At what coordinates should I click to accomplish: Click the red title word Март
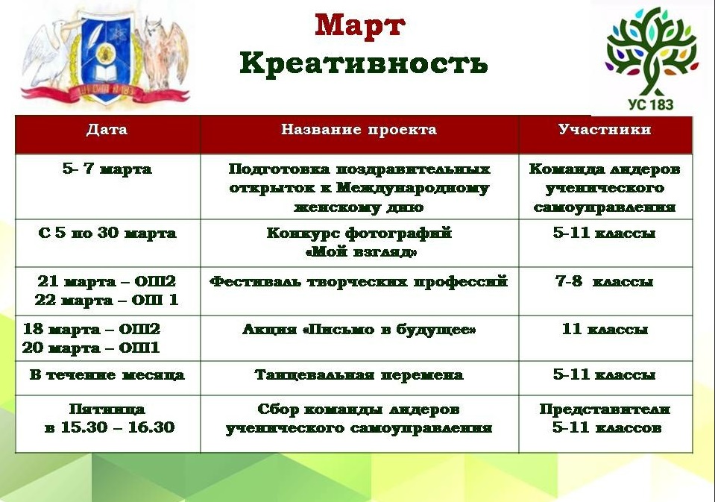coord(360,25)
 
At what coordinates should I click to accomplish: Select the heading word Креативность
coord(363,63)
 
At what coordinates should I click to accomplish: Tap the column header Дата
coord(107,130)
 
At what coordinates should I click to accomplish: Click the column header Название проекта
coord(359,130)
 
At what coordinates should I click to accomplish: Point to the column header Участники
coord(605,130)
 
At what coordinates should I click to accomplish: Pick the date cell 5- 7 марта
coord(107,169)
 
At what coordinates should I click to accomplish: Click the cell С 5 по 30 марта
coord(107,233)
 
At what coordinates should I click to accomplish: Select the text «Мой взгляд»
coord(360,252)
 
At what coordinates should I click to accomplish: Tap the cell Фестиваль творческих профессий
coord(359,281)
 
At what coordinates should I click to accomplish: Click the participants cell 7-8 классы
coord(604,281)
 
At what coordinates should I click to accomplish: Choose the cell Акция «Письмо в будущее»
coord(359,330)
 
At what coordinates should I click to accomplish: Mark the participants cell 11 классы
coord(605,329)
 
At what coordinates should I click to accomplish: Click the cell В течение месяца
coord(107,375)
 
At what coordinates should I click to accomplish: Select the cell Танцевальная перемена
coord(359,375)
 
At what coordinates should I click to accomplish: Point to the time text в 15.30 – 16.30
coord(110,427)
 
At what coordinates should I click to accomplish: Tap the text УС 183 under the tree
coord(651,104)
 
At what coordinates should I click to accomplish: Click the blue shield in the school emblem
coord(107,57)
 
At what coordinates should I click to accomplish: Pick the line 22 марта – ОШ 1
coord(107,301)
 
